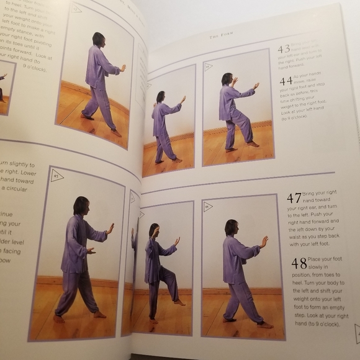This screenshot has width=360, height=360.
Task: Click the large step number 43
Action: pos(284,49)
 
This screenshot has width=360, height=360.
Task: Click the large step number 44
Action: pos(286,81)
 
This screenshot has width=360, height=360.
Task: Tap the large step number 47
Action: pos(294,198)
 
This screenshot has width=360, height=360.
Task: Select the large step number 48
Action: pos(299,263)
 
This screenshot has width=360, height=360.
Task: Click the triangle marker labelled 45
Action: pos(56,176)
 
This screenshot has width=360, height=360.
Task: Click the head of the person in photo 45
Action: pos(80,206)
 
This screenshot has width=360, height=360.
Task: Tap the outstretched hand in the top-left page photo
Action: pos(122,68)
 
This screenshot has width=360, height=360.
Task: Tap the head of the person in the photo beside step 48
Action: pos(231,227)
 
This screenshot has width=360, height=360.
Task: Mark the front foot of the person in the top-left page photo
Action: pos(115,132)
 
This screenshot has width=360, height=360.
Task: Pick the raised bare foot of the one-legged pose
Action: pos(179,302)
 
